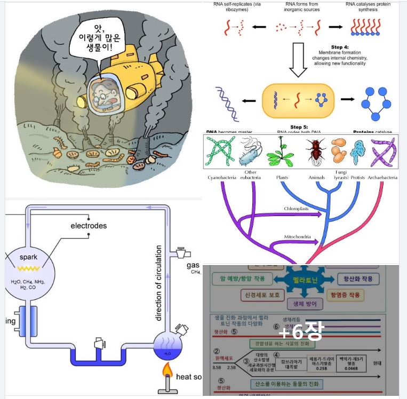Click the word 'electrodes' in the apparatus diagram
89,226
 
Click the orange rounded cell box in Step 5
298,100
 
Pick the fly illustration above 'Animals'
316,151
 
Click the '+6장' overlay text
301,332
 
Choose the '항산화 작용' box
358,279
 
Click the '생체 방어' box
305,305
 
